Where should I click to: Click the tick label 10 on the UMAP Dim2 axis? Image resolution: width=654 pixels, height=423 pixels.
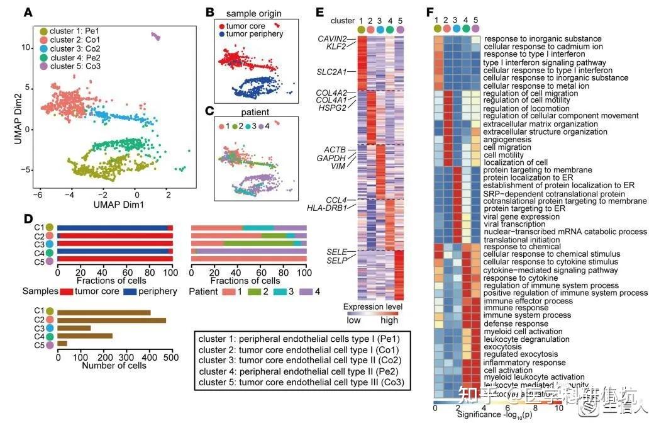tap(26, 47)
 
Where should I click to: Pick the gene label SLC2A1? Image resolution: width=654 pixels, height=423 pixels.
tap(331, 72)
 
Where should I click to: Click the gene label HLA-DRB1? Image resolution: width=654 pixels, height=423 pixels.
tap(327, 208)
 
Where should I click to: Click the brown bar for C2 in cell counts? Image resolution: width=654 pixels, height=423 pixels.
tap(111, 320)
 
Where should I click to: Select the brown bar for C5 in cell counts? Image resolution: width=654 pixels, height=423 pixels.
tap(62, 343)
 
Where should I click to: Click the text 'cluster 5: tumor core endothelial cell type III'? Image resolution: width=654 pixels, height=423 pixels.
tap(300, 382)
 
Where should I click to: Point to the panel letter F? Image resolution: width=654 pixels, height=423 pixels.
tap(430, 12)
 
